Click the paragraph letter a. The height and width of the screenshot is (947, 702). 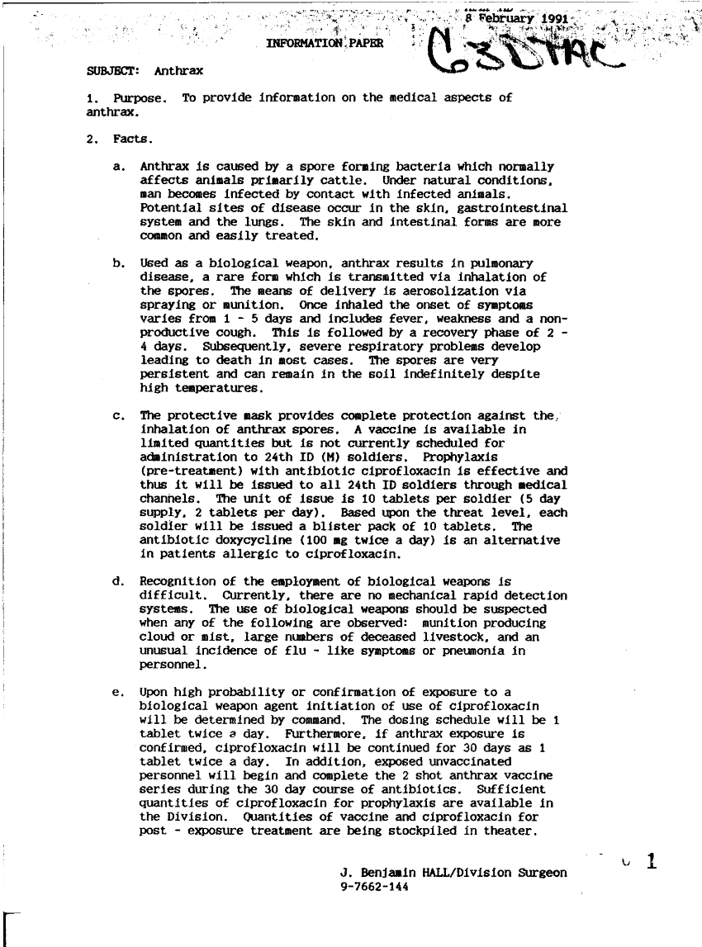(x=119, y=166)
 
